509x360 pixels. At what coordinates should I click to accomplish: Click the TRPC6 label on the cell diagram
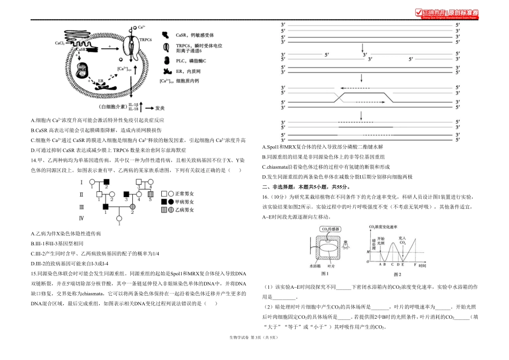tap(146, 39)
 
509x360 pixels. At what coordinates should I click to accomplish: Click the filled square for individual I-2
tap(106, 182)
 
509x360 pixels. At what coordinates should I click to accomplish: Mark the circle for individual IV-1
tap(118, 218)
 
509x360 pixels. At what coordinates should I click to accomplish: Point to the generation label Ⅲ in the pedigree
tap(81, 206)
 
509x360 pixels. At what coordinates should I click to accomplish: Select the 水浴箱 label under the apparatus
tap(315, 265)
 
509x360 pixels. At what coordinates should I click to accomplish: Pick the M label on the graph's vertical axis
tap(368, 249)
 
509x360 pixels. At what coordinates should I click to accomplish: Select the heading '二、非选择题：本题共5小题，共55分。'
tap(305, 187)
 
